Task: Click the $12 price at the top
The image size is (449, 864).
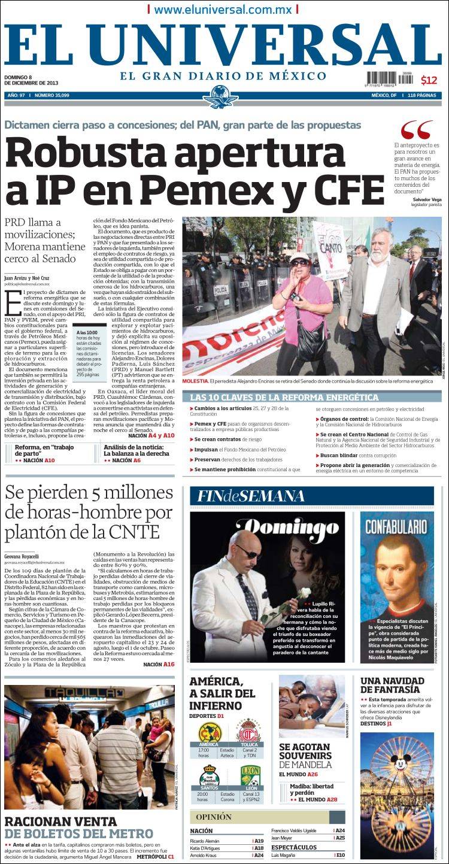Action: (x=429, y=80)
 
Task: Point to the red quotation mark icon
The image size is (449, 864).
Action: (x=416, y=129)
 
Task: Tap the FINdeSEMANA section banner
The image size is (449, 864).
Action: (x=247, y=496)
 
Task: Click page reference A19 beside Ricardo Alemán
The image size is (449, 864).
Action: (x=259, y=841)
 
